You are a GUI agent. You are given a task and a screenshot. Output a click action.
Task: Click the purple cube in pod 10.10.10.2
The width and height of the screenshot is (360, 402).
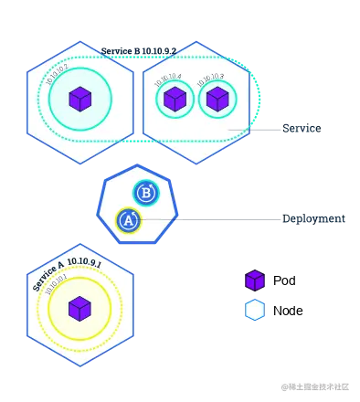coord(80,99)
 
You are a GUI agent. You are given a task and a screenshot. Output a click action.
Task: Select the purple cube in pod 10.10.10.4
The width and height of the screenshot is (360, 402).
coord(175,99)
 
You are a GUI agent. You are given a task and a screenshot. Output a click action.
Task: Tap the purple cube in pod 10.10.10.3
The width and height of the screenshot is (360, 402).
coord(217,99)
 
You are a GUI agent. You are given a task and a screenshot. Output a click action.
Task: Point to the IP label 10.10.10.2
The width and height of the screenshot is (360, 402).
coord(58,72)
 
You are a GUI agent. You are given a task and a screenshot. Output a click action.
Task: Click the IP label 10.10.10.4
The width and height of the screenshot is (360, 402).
coord(167,79)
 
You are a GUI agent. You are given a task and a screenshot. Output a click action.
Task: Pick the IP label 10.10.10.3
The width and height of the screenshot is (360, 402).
coord(210,79)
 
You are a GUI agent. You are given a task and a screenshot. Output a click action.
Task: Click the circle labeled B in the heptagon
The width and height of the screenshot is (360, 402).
coord(146,193)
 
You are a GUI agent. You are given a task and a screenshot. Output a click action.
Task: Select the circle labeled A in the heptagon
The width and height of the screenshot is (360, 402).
coord(129,220)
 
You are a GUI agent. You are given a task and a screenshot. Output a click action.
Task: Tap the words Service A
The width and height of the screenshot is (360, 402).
coord(48,275)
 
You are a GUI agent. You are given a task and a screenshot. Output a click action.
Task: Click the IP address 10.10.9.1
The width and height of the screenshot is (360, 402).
coord(85,261)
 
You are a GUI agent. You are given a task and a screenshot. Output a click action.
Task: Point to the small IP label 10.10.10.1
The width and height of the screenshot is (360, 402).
coord(56,284)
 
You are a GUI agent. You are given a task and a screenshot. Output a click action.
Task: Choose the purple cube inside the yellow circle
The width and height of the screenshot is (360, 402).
coord(79,308)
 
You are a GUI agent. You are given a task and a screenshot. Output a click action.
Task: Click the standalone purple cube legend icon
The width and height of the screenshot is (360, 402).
coord(255,280)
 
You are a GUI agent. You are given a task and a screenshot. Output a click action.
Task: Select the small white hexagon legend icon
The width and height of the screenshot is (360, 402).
coord(255,311)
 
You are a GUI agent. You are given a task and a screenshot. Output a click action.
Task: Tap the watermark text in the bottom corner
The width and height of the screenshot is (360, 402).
coord(314,386)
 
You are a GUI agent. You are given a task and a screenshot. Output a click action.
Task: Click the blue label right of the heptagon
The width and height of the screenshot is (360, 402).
coord(312,219)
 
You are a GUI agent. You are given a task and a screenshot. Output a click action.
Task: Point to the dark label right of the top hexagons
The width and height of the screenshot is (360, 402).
coord(301,131)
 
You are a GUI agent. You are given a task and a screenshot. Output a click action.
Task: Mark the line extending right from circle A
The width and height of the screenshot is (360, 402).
coord(210,219)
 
